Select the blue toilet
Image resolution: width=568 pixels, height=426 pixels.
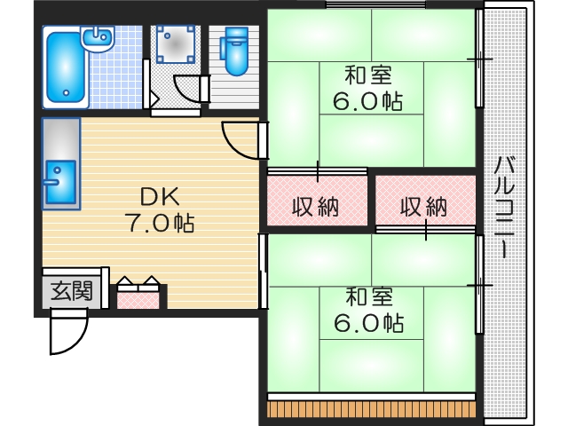coord(236,51)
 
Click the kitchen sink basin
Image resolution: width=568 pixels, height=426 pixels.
coord(60,183)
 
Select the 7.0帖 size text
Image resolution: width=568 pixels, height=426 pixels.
coord(159,224)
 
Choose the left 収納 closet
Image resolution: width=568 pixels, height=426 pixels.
coord(317,207)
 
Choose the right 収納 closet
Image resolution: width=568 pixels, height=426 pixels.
coord(424,207)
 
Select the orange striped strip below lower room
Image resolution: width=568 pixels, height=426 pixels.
coord(373,411)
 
